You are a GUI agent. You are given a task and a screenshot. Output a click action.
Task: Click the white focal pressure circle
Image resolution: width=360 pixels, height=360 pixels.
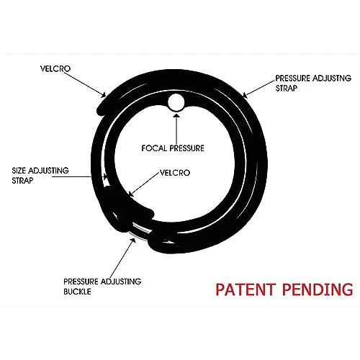(x=176, y=102)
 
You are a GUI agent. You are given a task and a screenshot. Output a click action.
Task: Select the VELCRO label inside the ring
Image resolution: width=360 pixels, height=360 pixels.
(x=175, y=173)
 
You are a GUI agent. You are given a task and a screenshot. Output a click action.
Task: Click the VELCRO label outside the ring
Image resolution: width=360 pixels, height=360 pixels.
(x=55, y=68)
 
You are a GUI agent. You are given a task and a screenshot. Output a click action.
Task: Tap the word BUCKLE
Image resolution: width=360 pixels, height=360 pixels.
(x=77, y=292)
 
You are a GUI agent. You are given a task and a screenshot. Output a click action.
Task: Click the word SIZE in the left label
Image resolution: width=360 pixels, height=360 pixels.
(x=19, y=171)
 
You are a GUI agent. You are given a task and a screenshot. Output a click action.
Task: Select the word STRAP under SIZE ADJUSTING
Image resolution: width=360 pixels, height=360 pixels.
(x=22, y=181)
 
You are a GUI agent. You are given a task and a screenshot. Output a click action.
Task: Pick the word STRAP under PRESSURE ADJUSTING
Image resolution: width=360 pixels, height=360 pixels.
(x=287, y=88)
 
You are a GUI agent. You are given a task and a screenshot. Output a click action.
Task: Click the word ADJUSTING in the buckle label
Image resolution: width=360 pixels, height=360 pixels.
(x=121, y=282)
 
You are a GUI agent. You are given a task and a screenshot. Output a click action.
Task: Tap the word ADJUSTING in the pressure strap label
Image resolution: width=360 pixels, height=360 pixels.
(x=332, y=78)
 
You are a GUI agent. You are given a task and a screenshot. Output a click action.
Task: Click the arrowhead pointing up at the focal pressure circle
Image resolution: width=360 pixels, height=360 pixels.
(x=176, y=115)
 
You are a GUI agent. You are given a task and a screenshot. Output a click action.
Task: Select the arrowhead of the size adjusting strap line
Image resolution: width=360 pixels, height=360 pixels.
(x=104, y=177)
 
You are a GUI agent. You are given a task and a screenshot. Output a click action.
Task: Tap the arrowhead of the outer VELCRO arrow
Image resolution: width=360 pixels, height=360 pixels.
(x=103, y=94)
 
